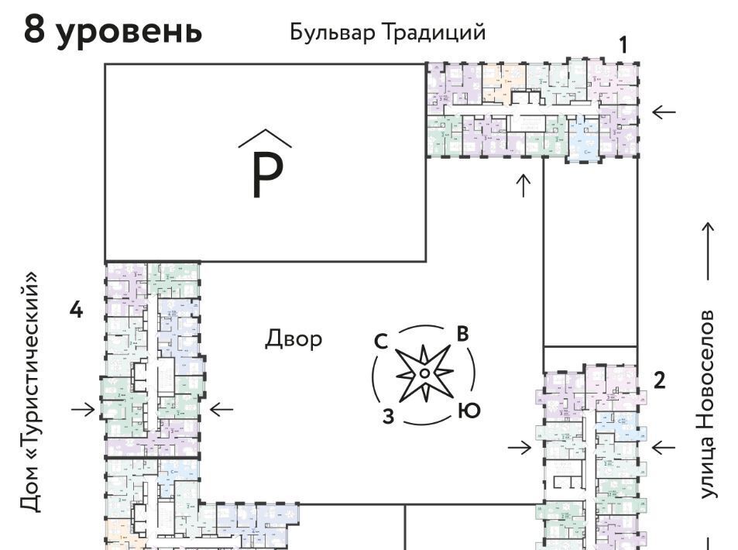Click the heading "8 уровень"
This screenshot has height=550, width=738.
(113, 31)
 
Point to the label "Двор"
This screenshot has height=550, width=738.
(293, 339)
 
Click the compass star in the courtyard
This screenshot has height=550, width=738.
(424, 373)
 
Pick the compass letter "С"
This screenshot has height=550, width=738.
(381, 342)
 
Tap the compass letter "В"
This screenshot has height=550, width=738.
(462, 335)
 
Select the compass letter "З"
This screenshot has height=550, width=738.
(389, 416)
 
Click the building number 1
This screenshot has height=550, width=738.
(623, 45)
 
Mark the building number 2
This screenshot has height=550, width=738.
(659, 380)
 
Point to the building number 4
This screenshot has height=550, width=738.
(75, 310)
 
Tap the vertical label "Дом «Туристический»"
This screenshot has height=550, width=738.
(30, 391)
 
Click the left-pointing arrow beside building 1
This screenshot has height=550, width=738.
(664, 112)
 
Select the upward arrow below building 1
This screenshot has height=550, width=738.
(523, 186)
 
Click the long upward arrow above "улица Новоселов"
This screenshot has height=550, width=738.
(708, 251)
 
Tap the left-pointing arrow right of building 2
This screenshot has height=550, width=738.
(664, 447)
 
